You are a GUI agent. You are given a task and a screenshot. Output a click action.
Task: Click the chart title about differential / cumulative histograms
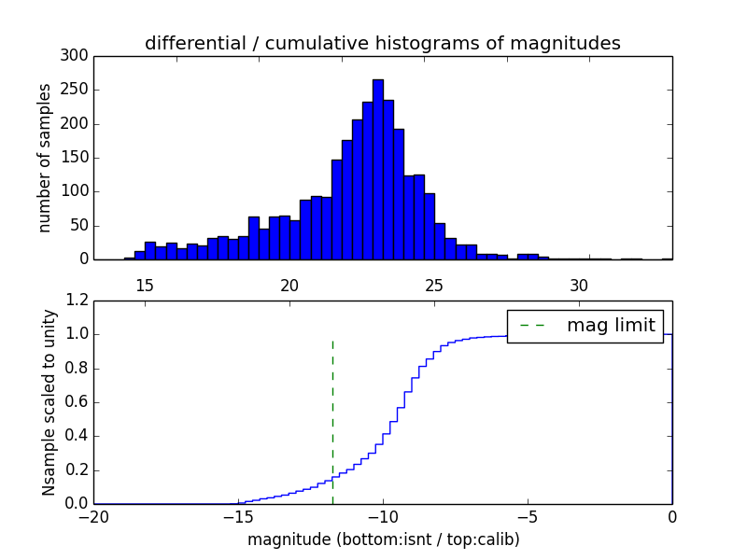382,43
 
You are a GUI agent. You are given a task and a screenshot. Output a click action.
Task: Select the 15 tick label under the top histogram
145,285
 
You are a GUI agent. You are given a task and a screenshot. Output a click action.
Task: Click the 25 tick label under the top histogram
434,285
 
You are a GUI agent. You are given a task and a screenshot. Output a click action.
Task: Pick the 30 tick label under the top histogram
579,285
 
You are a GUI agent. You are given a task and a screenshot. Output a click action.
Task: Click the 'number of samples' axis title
46,158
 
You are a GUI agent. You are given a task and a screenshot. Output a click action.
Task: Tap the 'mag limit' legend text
611,326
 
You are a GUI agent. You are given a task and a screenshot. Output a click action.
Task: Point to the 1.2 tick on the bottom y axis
75,301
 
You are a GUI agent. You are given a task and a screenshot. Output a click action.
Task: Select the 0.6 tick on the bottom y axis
75,402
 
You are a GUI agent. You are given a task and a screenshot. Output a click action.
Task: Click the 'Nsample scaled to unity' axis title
49,402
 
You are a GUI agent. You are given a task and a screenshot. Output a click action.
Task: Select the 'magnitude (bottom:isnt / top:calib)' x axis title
383,539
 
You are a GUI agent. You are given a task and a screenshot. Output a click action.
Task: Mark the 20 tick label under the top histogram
289,285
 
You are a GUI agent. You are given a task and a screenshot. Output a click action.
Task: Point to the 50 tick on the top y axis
80,226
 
